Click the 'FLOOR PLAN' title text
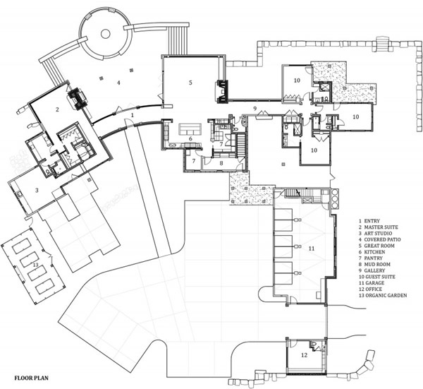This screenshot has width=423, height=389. pos(31,378)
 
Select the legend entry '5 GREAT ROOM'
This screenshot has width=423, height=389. pos(376,246)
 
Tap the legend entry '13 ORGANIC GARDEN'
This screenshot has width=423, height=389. pos(383,296)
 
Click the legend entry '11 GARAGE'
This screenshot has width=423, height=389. pos(372,283)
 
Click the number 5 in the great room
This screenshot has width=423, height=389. pos(190,83)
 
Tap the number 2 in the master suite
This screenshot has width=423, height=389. pos(57,109)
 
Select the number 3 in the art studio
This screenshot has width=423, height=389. pos(37,190)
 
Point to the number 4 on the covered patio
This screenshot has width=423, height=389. pos(118,83)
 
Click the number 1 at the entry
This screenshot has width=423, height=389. pos(133,115)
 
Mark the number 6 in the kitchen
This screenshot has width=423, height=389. pos(190,139)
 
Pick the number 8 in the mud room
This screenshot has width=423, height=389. pos(221,163)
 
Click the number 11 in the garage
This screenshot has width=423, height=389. pos(312,249)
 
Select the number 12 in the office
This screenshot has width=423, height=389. pos(304,355)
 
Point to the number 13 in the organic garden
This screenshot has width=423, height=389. pos(35,265)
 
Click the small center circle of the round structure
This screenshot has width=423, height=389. pos(105,34)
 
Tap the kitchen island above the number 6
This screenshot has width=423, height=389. pos(191,129)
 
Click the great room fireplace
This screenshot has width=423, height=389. pos(222,92)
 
